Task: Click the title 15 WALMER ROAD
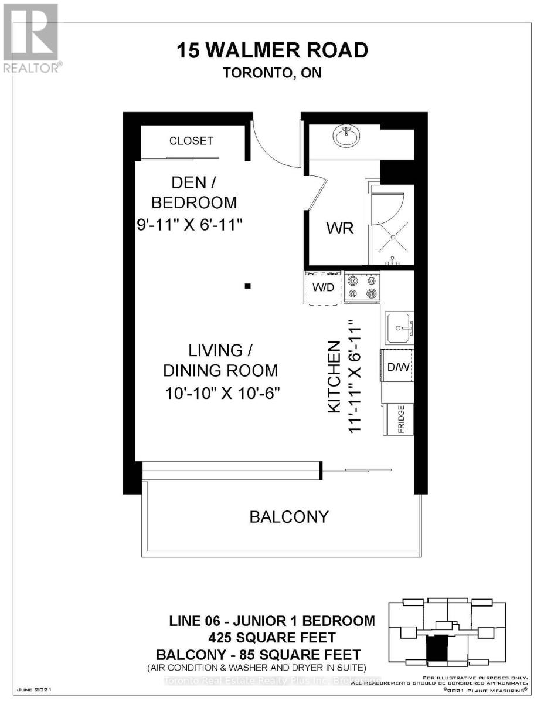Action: pyautogui.click(x=273, y=50)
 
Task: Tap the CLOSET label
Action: pyautogui.click(x=191, y=141)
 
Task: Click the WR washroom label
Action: pyautogui.click(x=340, y=228)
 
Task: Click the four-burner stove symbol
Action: pyautogui.click(x=362, y=287)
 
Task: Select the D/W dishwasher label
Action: pyautogui.click(x=397, y=367)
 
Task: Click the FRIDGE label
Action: pyautogui.click(x=402, y=419)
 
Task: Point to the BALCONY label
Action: pyautogui.click(x=289, y=517)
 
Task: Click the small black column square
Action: pyautogui.click(x=248, y=286)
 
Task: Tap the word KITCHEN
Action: pyautogui.click(x=334, y=377)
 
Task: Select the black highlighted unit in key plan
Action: pyautogui.click(x=436, y=649)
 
